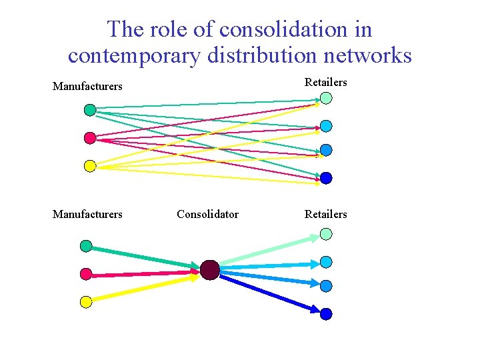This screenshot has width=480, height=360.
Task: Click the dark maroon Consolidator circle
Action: tap(209, 270)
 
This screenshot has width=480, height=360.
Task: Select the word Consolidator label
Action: tap(207, 214)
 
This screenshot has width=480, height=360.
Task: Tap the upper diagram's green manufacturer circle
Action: tap(90, 110)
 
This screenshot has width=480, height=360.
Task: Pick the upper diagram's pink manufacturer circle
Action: tap(90, 138)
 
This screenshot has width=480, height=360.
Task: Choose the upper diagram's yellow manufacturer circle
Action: tap(90, 166)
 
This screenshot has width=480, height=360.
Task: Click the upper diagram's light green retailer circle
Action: tap(326, 98)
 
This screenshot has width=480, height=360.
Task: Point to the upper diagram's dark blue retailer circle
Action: tap(326, 178)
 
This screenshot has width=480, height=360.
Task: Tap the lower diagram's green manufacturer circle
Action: tap(86, 246)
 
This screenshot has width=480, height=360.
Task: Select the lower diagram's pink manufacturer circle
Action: tap(86, 274)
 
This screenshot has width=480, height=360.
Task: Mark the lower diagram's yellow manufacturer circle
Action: tap(86, 302)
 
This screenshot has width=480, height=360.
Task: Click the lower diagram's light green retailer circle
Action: tap(326, 234)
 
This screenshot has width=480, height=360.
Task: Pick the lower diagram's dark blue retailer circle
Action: tap(326, 313)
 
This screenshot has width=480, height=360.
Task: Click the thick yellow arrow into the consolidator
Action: tap(143, 287)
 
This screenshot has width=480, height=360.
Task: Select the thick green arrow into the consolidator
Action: tap(143, 258)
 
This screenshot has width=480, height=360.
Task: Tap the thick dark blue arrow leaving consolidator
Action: tap(267, 290)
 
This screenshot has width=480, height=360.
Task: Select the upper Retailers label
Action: tap(326, 82)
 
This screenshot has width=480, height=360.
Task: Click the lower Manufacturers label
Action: tap(87, 214)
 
